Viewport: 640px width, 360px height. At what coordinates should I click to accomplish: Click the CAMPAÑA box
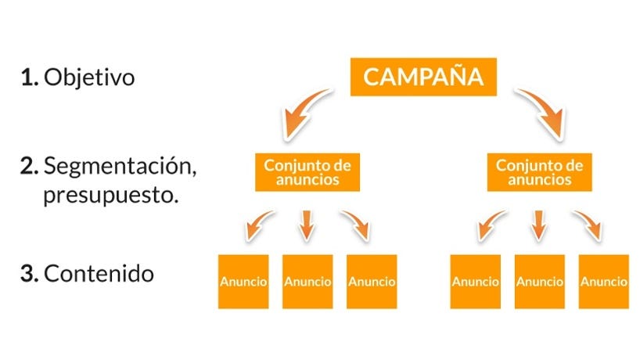click(x=422, y=77)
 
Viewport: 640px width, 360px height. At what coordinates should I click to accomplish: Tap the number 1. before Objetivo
click(x=30, y=78)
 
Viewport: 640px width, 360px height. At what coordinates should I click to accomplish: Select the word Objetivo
click(x=89, y=78)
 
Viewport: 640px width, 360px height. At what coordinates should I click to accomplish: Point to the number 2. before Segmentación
click(x=31, y=166)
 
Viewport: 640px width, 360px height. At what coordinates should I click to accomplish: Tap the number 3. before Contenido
click(x=31, y=274)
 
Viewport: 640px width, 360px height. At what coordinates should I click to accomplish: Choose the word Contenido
click(x=99, y=274)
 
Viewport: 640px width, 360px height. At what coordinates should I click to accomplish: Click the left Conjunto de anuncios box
click(x=307, y=172)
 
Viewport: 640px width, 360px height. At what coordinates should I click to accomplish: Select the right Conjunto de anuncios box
click(x=540, y=172)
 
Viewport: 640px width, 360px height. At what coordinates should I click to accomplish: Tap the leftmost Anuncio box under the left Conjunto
click(x=243, y=281)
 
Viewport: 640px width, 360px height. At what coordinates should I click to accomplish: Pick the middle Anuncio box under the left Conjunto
click(x=307, y=281)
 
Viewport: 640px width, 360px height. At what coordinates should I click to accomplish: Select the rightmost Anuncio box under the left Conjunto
click(x=372, y=281)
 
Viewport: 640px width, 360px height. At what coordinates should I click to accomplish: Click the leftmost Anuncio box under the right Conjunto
click(x=475, y=281)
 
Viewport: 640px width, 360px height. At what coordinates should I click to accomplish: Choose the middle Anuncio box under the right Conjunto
click(x=539, y=281)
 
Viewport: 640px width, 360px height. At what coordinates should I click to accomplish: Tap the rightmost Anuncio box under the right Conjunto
click(x=603, y=281)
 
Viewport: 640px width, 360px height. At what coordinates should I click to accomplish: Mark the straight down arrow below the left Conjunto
click(x=307, y=225)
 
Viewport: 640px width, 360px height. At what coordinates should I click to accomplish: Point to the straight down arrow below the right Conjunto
click(x=538, y=225)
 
